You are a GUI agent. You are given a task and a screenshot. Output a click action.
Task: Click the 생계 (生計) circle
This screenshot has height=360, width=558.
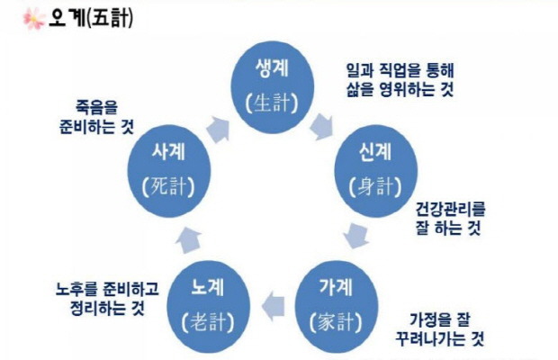279,85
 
